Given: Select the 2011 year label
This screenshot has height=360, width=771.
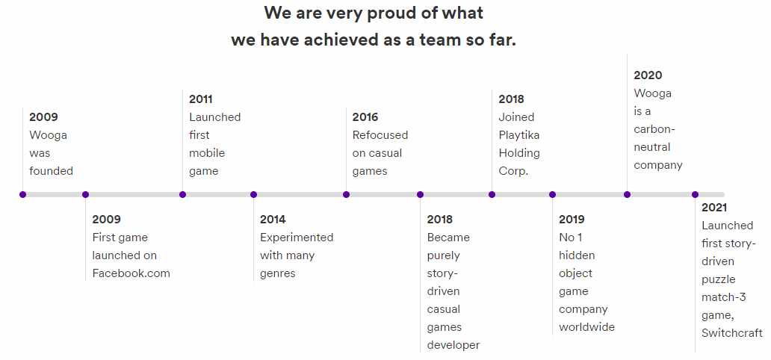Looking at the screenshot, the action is pyautogui.click(x=201, y=99).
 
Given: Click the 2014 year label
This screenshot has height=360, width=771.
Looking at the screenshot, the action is pyautogui.click(x=273, y=219).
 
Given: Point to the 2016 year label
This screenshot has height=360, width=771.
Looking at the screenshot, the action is pyautogui.click(x=365, y=117).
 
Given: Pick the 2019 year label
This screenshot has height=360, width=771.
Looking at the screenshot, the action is pyautogui.click(x=572, y=219).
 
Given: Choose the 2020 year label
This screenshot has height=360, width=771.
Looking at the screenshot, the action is pyautogui.click(x=648, y=75).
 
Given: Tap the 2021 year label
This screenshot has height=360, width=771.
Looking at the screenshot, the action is pyautogui.click(x=714, y=208).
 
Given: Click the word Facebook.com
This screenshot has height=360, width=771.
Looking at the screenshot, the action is pyautogui.click(x=131, y=273).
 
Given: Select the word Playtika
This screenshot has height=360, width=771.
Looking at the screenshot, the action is pyautogui.click(x=519, y=134).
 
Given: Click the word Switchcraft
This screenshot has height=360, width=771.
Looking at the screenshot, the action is pyautogui.click(x=732, y=333).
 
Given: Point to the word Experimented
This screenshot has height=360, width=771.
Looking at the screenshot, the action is pyautogui.click(x=297, y=238).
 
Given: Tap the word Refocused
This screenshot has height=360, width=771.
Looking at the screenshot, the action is pyautogui.click(x=380, y=134).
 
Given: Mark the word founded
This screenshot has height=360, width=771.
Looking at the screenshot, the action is pyautogui.click(x=51, y=170).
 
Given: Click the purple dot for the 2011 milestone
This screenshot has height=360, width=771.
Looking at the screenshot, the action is pyautogui.click(x=182, y=195).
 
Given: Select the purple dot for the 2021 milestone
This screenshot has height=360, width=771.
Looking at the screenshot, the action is pyautogui.click(x=695, y=195).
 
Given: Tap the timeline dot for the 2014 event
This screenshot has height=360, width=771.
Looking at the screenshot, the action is pyautogui.click(x=253, y=195).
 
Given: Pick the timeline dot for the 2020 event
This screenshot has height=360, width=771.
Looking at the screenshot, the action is pyautogui.click(x=627, y=195).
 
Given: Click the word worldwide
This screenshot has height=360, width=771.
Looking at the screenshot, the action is pyautogui.click(x=586, y=327).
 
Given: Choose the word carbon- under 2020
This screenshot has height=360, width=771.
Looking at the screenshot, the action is pyautogui.click(x=654, y=129).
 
